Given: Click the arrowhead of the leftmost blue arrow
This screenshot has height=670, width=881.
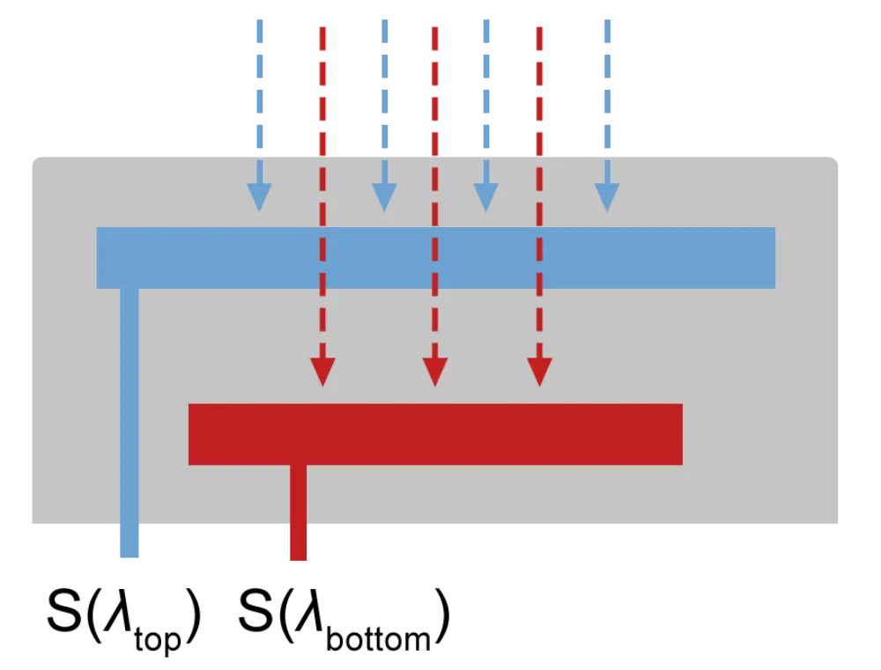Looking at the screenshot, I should pos(259,196).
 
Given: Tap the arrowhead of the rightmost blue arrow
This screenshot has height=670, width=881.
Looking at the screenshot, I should pos(606,196).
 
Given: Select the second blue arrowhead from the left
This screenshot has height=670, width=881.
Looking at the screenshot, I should pos(384,196).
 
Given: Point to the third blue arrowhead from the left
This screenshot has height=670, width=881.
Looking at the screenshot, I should pos(485,196).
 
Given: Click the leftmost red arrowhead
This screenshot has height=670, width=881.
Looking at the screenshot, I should pos(322,371).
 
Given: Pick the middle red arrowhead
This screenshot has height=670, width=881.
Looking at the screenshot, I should pos(434,371).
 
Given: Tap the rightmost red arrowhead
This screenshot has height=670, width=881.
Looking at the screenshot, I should pos(539,371).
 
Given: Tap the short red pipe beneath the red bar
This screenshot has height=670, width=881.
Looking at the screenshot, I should pos(299,493).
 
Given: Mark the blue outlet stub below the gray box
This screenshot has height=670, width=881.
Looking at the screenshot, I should pos(130,544).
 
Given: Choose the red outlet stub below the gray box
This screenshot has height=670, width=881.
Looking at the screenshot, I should pos(300,544).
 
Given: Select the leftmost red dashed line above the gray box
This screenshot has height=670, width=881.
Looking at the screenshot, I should pos(323,88).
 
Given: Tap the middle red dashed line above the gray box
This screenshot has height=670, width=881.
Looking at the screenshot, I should pos(435,88).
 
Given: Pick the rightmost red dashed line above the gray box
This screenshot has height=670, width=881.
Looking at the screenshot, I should pos(541,88).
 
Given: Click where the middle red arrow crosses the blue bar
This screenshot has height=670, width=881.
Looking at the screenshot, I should pos(434,258).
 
